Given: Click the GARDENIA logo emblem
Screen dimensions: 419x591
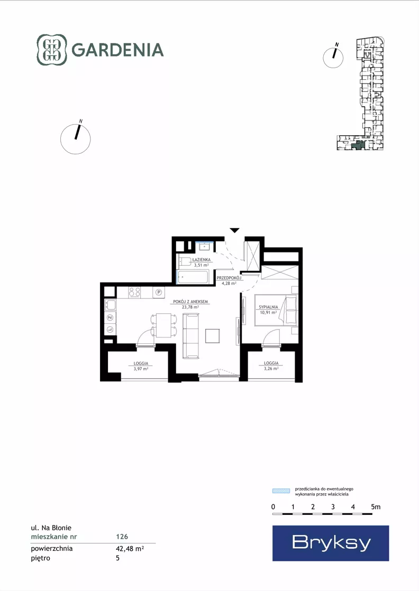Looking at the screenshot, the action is [52, 50].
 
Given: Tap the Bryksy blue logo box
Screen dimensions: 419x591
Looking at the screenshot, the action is [331, 543].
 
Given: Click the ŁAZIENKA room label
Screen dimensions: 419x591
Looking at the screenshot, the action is [201, 260].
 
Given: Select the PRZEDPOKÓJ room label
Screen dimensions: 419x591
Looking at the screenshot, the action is [229, 278].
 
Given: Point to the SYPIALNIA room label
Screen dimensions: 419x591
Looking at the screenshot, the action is [268, 307].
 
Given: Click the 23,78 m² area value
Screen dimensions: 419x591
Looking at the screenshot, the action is [190, 307].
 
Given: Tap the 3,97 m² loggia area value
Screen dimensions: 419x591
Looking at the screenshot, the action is [141, 369].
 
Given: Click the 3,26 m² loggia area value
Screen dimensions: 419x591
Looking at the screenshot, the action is [271, 369].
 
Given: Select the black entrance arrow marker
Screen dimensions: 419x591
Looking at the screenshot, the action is [234, 230].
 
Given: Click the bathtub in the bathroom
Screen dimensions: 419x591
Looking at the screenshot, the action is [193, 277].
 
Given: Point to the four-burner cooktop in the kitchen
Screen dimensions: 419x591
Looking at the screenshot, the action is [135, 292].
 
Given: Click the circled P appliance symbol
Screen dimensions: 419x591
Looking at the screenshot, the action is [159, 292].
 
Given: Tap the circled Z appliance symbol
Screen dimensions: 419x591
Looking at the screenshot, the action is [110, 318].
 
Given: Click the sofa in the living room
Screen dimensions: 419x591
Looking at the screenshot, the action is [191, 335].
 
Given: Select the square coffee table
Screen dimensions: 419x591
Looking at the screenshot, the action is [213, 335].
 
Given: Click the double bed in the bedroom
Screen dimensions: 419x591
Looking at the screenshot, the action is [276, 310].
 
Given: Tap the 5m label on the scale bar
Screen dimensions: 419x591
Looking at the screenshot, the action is [376, 507].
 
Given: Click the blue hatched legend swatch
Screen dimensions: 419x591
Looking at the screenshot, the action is [281, 491].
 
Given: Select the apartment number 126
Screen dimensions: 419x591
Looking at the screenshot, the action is [122, 537].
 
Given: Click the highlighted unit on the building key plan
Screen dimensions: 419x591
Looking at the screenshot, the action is [357, 144].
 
